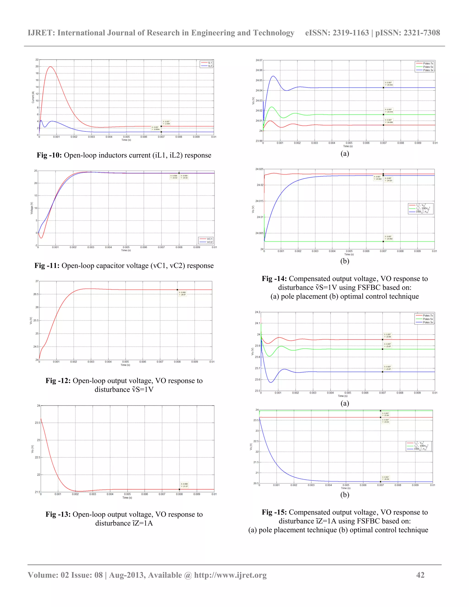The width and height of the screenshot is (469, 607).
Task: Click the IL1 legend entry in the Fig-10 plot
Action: [210, 63]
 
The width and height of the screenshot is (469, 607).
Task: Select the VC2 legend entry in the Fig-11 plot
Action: [210, 242]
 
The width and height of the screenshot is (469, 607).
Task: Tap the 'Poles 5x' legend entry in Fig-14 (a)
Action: [428, 67]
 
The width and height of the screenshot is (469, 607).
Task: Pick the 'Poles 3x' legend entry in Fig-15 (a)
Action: [428, 323]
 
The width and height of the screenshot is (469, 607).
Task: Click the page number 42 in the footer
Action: [420, 575]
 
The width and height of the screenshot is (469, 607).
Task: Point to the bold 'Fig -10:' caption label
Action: [49, 155]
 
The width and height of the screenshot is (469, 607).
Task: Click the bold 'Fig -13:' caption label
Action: [58, 514]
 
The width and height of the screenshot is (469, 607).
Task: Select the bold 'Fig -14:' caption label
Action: [274, 279]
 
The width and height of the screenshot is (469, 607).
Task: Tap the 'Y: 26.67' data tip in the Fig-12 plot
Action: [183, 295]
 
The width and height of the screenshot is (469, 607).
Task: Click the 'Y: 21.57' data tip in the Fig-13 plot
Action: [185, 486]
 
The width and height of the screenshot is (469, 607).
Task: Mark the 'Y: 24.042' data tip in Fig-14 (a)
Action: [389, 85]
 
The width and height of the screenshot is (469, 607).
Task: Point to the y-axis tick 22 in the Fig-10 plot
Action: [37, 60]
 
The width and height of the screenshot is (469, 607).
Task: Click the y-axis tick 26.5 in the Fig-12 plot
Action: [36, 294]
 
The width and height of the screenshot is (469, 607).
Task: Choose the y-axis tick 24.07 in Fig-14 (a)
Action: [259, 60]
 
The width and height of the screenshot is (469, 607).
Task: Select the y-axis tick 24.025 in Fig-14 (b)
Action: [259, 169]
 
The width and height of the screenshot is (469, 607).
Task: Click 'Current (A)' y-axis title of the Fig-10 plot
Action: [33, 97]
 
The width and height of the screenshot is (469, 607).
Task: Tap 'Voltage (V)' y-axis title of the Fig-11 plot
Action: [32, 208]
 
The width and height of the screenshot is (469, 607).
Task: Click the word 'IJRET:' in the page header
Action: [41, 33]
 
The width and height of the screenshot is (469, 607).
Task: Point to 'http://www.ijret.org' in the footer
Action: [230, 575]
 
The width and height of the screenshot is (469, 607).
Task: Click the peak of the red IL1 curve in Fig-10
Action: [50, 67]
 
